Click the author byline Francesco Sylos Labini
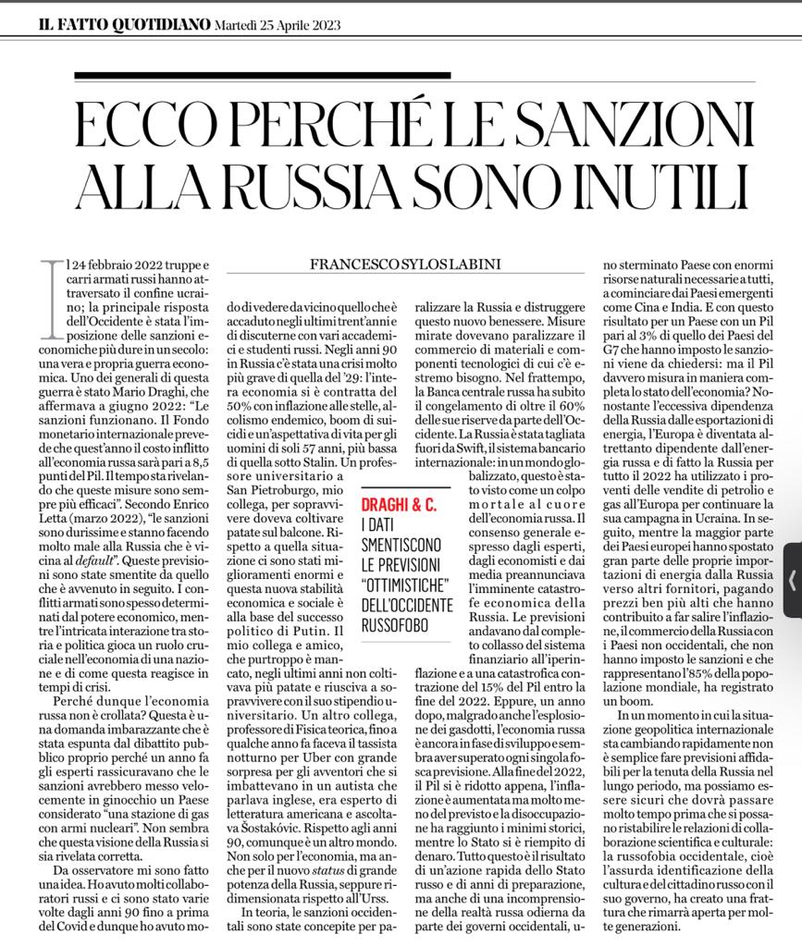(403, 264)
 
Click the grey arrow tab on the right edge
(792, 581)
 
